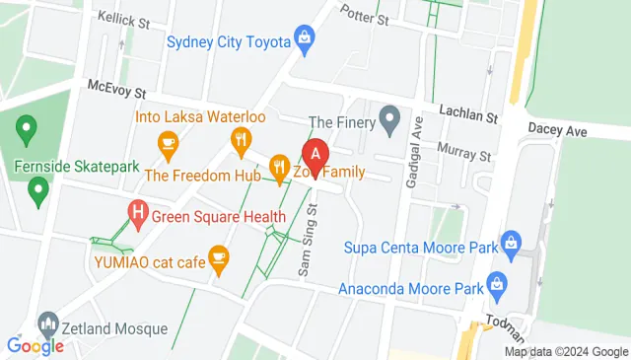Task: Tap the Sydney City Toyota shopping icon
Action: pos(306,39)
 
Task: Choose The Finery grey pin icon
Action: pos(390,121)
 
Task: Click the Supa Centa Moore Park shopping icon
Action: pos(511,242)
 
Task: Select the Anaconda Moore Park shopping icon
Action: pos(499,287)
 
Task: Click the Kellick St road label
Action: pos(122,19)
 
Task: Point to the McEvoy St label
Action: pos(116,89)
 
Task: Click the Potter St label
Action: pos(366,13)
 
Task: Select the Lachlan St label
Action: pos(467,115)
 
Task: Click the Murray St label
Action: pos(463,155)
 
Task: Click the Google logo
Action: pos(35,345)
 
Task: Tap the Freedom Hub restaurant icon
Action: pos(279,169)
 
